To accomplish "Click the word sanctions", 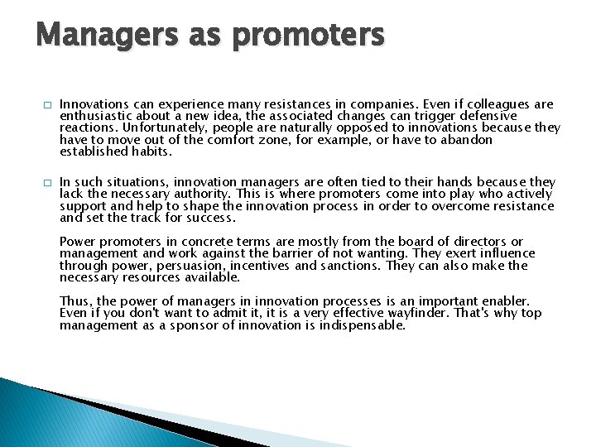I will [353, 266].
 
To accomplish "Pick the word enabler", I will [505, 301].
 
